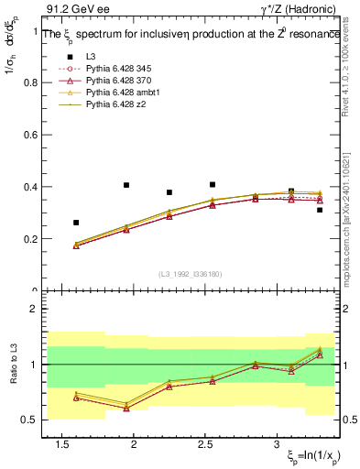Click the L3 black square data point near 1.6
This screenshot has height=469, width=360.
(76, 223)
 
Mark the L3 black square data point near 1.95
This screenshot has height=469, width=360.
(126, 185)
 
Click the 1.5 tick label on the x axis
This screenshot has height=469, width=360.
(62, 444)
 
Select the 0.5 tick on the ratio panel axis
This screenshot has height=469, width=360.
(31, 420)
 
